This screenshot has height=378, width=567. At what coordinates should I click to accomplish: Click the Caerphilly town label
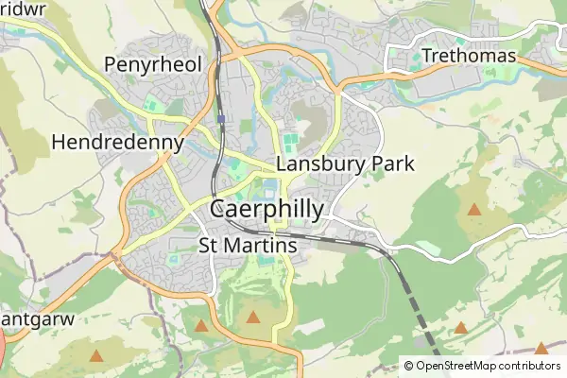[x=266, y=209]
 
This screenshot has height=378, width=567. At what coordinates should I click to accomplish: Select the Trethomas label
[x=470, y=56]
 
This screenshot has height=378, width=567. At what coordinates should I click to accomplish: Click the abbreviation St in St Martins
[x=212, y=246]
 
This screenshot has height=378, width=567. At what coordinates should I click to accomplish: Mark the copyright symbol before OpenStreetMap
[x=408, y=366]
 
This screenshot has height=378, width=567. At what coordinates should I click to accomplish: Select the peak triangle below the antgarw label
[x=95, y=355]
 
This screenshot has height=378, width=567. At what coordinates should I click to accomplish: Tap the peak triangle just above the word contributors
[x=541, y=348]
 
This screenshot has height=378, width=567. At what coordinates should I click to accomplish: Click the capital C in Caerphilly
[x=219, y=209]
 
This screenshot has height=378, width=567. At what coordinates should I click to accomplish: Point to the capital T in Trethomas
[x=429, y=56]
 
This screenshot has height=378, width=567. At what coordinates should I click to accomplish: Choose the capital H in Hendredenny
[x=60, y=143]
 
